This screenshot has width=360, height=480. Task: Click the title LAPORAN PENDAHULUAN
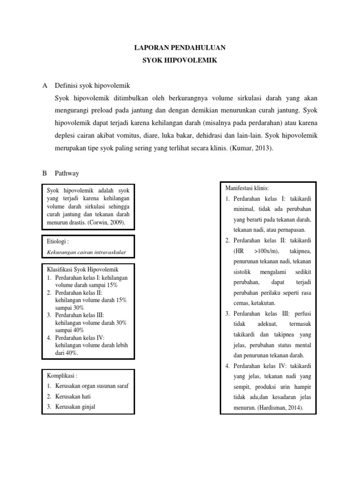180,47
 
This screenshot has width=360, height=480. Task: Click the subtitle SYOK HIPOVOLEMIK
180,60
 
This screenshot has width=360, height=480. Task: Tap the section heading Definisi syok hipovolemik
92,86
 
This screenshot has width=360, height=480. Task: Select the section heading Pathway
67,173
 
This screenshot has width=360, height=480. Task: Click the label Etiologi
58,241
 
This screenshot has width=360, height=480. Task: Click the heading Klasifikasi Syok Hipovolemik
83,270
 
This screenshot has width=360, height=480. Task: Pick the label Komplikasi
62,375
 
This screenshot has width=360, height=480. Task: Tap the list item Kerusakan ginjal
75,406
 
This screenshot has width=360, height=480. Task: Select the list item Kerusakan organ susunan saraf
91,386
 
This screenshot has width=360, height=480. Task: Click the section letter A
45,86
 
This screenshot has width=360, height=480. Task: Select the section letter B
45,173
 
